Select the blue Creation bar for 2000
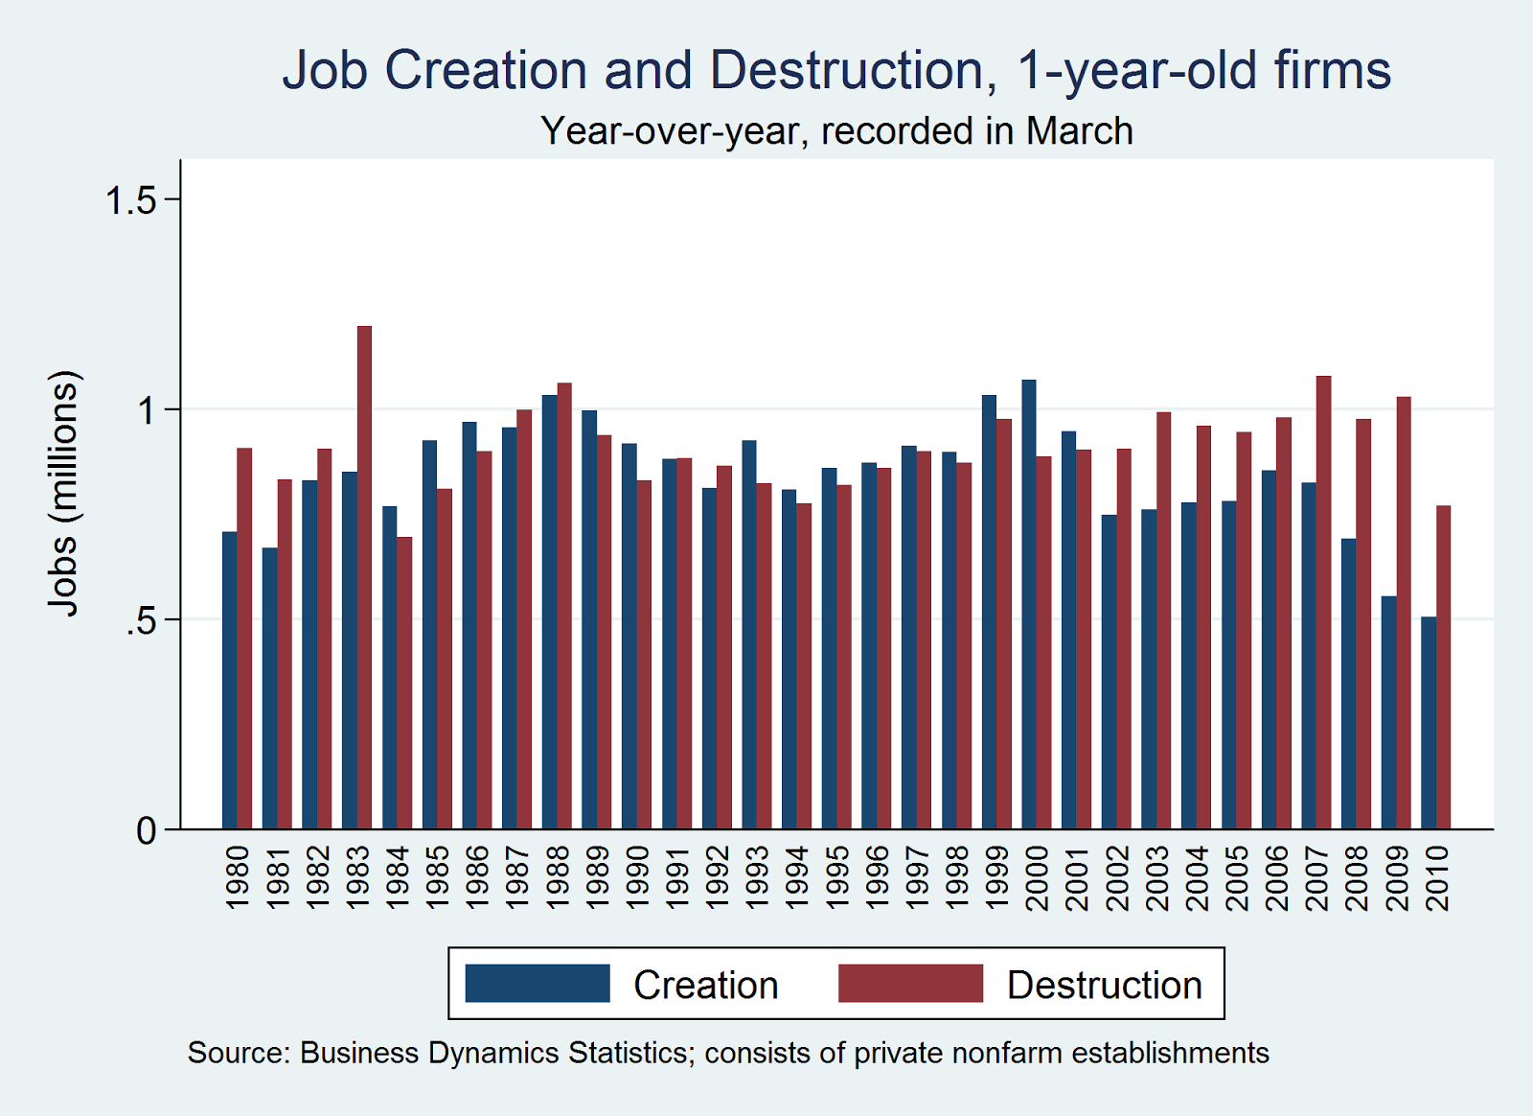(x=1029, y=604)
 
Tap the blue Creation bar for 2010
(x=1429, y=723)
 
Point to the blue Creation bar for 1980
(x=230, y=681)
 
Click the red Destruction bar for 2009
(x=1404, y=613)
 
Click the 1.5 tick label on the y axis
(x=130, y=200)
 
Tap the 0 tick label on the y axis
(x=146, y=830)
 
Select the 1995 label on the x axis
(x=837, y=877)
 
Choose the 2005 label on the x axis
(x=1237, y=877)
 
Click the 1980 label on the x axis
(x=238, y=877)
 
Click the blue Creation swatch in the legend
(x=538, y=984)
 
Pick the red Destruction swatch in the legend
(x=910, y=984)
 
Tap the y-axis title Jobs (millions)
(x=63, y=493)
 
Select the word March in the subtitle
(x=1079, y=131)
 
